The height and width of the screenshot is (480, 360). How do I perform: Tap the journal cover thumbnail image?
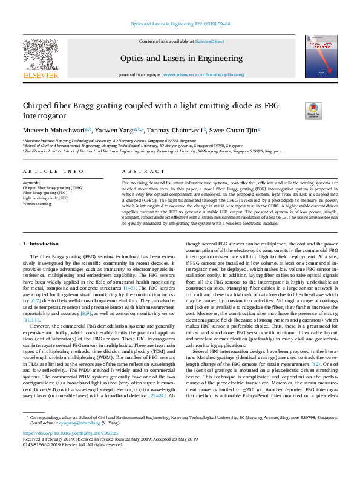pyautogui.click(x=321, y=57)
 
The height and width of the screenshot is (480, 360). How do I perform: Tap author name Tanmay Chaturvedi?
pyautogui.click(x=175, y=129)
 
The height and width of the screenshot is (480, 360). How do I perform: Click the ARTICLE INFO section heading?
pyautogui.click(x=53, y=172)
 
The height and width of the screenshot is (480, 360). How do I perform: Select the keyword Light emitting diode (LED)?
pyautogui.click(x=45, y=198)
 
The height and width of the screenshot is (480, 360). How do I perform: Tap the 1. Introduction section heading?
pyautogui.click(x=41, y=261)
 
